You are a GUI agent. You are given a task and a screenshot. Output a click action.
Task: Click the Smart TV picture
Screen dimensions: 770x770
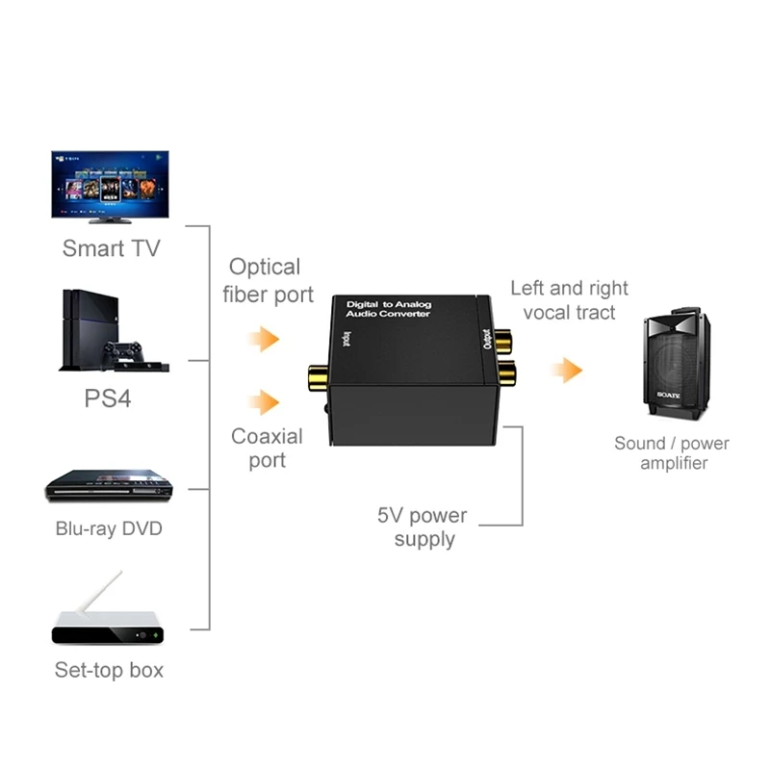click(110, 185)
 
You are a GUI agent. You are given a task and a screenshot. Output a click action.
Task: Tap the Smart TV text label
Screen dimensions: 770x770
click(111, 248)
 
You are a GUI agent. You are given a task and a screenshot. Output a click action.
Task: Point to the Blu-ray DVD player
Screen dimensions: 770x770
click(110, 485)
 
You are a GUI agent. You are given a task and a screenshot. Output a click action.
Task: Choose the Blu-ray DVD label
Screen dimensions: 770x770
click(109, 528)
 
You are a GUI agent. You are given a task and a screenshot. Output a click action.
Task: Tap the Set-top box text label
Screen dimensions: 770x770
click(109, 670)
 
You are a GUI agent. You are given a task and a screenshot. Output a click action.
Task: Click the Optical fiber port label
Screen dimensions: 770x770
click(268, 280)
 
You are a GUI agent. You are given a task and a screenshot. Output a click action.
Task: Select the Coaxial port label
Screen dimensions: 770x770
click(267, 449)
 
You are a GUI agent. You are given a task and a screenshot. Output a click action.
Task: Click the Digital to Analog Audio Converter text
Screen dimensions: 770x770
click(389, 309)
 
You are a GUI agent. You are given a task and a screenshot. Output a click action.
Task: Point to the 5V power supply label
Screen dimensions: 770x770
click(424, 526)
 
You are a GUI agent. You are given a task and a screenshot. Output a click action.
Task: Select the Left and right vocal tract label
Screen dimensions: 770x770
click(569, 299)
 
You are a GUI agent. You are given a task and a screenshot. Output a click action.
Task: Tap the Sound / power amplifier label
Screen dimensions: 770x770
click(672, 453)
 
